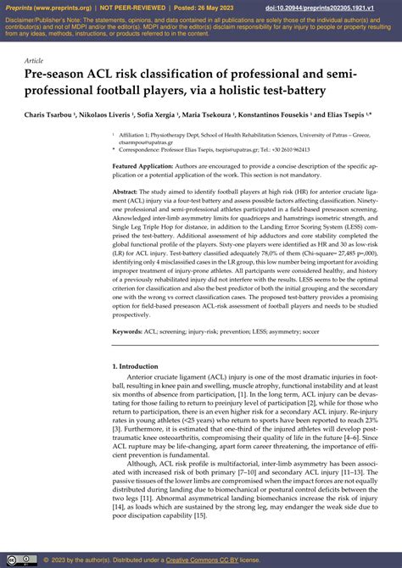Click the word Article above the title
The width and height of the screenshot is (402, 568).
34,60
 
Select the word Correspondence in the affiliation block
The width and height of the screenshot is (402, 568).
140,148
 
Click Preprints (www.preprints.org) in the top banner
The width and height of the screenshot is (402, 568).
37,6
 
